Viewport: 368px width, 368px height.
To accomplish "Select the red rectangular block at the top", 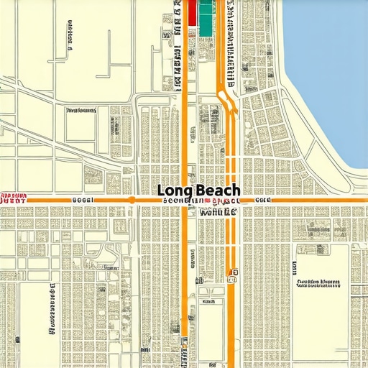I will click(x=192, y=14).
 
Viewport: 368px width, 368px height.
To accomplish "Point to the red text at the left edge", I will click(x=14, y=197).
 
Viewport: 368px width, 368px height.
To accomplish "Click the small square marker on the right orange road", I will click(x=232, y=273).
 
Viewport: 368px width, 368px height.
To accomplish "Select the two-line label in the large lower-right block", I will click(x=318, y=282).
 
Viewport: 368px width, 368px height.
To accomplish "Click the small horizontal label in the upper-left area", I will click(x=80, y=111).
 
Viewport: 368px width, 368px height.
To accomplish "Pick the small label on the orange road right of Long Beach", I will click(x=264, y=199).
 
